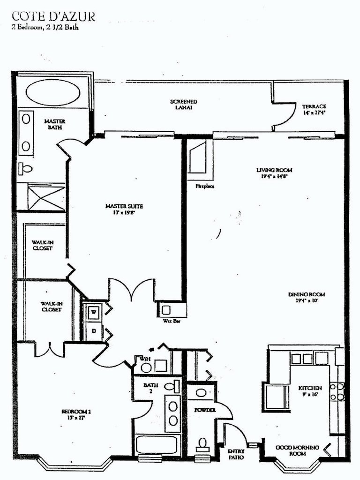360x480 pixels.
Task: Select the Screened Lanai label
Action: point(183,105)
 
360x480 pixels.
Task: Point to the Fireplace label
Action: point(205,186)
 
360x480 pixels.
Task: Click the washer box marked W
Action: point(94,311)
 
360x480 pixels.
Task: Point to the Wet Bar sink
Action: point(167,310)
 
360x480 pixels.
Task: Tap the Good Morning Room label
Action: point(297,450)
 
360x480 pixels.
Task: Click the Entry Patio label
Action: point(236,454)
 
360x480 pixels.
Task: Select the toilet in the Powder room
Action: point(203,443)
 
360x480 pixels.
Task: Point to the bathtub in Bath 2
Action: point(155,445)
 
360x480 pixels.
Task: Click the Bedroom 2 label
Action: point(76,414)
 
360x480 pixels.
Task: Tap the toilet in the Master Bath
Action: point(25,168)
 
